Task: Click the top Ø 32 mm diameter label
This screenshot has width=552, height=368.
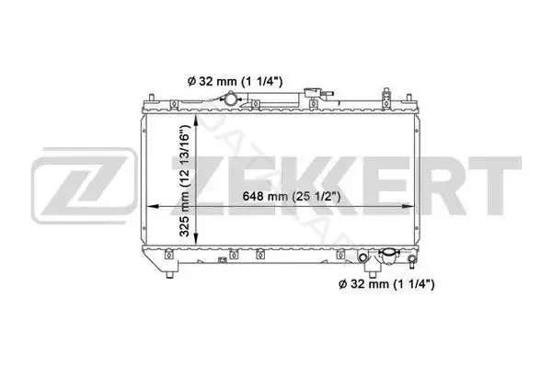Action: tap(235, 82)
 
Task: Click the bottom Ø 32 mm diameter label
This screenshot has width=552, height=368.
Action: tap(386, 284)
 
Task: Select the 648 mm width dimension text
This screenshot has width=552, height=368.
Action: tap(292, 197)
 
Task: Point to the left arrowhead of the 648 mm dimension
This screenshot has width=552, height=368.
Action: tap(152, 206)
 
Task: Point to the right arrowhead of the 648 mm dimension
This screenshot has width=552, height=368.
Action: tap(408, 206)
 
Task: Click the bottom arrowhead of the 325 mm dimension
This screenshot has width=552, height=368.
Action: tap(196, 238)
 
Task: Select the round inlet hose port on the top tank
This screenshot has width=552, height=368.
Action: tap(231, 98)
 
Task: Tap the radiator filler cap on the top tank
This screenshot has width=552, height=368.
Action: tap(311, 93)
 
